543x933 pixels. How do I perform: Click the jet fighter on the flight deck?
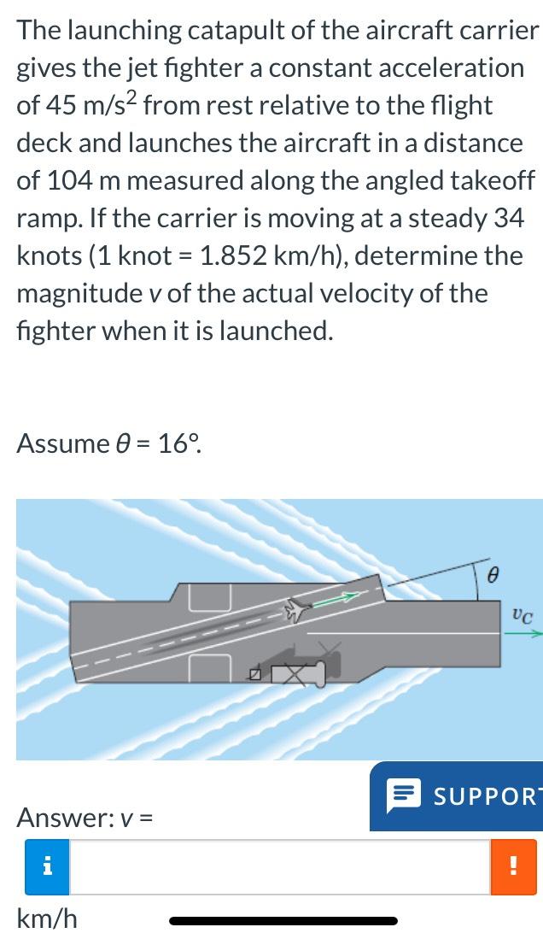(x=296, y=608)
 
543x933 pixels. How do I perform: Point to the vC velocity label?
(x=523, y=613)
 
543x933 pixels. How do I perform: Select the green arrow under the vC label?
(x=526, y=634)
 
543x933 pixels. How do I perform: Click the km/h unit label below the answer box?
(x=47, y=918)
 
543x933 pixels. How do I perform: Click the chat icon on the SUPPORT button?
(x=401, y=797)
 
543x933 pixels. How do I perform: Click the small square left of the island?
(x=254, y=675)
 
